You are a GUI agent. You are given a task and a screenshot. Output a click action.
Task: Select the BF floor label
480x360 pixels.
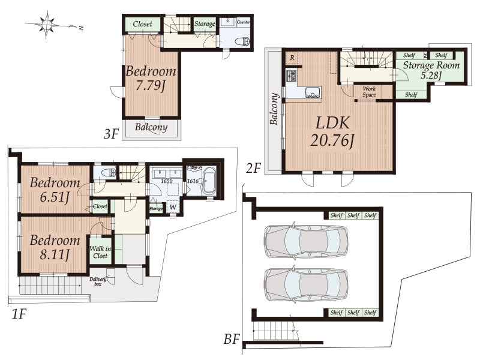pos(232,340)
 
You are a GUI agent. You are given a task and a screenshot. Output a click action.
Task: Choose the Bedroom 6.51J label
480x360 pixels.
pos(55,190)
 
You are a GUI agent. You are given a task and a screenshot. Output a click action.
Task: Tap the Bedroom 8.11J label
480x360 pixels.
pos(55,247)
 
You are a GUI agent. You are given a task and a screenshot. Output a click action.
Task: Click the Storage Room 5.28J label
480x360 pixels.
pos(431,70)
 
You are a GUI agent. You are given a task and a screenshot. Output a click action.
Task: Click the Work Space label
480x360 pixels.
pos(369,92)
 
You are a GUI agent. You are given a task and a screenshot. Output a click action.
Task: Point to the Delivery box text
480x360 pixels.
pos(98,281)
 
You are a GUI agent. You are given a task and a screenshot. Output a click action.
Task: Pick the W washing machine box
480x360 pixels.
pos(173,208)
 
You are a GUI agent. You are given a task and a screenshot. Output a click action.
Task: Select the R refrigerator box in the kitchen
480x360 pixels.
pos(291,58)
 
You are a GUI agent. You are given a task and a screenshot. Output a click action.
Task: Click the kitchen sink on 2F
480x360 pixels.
pos(313,92)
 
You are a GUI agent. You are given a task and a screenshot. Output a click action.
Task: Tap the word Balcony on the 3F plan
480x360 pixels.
pos(151,128)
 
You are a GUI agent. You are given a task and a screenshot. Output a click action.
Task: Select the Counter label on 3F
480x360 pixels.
pos(244,22)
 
